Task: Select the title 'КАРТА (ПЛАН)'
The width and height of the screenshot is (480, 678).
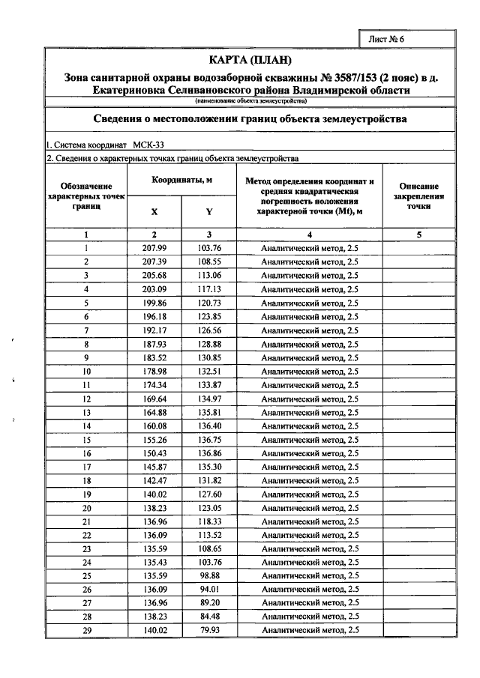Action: coord(250,60)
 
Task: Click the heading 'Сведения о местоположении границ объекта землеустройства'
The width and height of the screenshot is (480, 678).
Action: coord(250,118)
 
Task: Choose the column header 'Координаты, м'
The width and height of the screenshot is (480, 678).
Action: coord(181,181)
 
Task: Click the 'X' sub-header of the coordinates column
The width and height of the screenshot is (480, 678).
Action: coord(154,211)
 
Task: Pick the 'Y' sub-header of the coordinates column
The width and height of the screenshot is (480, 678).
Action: coord(209,211)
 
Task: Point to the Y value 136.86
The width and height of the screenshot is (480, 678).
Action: coord(209,453)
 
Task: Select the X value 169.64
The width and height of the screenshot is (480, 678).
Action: coord(154,399)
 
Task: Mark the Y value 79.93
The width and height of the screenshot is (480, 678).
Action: coord(209,630)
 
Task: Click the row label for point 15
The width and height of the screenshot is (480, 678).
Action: coord(87,440)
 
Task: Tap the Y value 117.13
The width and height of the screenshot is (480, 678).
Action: coord(209,289)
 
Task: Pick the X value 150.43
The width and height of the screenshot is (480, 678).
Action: coord(154,453)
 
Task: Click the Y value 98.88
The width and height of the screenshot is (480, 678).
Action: coord(209,575)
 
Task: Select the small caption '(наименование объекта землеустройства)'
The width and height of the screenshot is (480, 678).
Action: coord(250,100)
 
